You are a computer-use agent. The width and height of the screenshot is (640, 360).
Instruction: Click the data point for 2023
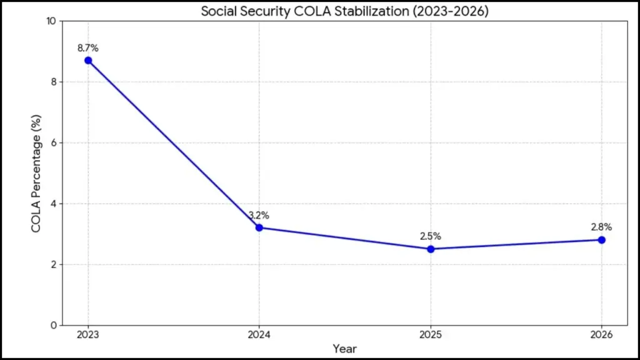click(x=88, y=61)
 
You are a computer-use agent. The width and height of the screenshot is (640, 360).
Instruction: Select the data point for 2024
click(x=259, y=227)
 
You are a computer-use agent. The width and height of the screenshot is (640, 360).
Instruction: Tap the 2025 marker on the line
click(x=431, y=249)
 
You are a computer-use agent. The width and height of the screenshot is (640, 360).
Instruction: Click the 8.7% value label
click(x=88, y=47)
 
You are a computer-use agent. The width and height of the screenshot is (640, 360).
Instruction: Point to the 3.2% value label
click(x=259, y=215)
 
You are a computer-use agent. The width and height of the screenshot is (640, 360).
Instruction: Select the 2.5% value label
click(x=431, y=236)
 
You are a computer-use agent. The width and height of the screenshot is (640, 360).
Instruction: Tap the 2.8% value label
click(x=601, y=227)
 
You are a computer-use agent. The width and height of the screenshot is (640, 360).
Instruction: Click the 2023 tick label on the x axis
click(x=88, y=335)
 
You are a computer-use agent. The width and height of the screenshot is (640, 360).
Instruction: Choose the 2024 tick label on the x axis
click(x=259, y=335)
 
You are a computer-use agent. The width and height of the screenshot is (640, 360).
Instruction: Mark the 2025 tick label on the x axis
click(x=431, y=335)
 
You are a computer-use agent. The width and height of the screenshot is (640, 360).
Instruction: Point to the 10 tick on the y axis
click(x=51, y=21)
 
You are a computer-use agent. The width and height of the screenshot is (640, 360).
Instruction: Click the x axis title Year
click(x=344, y=348)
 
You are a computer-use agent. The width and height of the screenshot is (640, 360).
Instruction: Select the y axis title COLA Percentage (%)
click(x=36, y=173)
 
